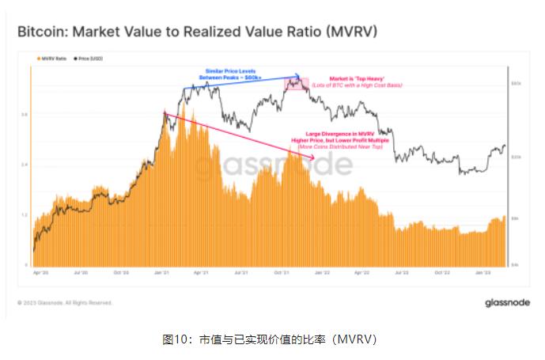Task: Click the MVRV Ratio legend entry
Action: point(50,59)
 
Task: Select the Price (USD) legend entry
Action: point(89,59)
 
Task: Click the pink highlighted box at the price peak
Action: point(296,82)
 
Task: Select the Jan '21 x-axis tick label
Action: point(162,272)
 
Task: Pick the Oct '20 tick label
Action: point(121,272)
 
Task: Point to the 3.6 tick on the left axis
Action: point(25,114)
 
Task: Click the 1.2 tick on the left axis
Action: point(25,214)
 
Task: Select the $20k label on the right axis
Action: point(514,157)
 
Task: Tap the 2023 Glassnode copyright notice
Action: point(65,302)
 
